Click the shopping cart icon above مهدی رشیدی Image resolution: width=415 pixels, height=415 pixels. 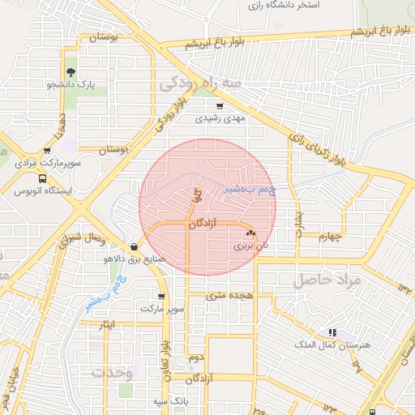219,105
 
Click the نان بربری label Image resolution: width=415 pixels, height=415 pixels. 250,244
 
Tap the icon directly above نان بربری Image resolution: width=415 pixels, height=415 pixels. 250,233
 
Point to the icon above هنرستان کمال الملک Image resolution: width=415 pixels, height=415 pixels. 332,332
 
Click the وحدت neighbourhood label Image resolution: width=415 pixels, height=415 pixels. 113,372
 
